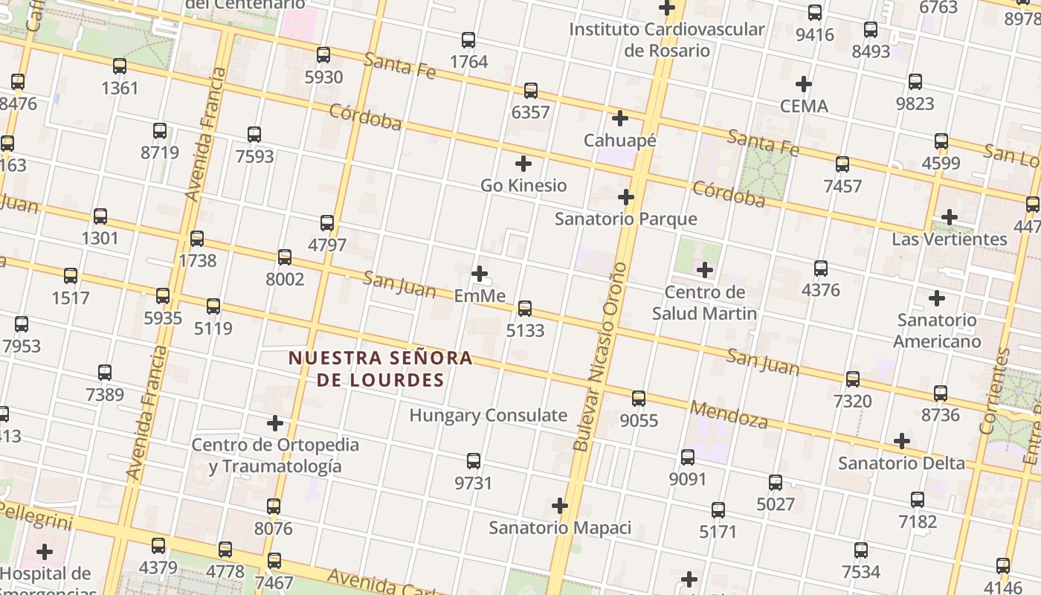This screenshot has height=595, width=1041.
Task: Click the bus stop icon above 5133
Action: point(525,308)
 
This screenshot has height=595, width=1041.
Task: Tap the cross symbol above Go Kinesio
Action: point(523,164)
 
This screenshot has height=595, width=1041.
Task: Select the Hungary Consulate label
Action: point(488,415)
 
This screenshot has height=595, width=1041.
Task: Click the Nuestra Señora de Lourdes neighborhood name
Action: point(381,369)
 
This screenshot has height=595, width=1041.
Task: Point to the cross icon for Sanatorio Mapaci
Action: point(560,506)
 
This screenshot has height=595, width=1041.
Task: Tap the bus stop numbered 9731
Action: point(474,461)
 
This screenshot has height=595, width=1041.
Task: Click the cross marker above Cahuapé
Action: point(619,118)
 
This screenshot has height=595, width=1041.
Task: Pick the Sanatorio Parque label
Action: point(626,219)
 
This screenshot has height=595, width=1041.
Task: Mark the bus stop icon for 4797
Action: point(327,222)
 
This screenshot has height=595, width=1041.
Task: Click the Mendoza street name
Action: point(728,414)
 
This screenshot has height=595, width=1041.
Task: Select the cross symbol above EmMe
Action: point(480,274)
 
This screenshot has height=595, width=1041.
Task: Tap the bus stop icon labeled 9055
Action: point(639,399)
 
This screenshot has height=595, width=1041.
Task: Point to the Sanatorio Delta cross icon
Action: point(902,441)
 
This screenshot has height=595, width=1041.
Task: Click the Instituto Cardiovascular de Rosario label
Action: point(666,39)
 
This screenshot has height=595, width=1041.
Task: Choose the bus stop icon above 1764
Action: point(468,40)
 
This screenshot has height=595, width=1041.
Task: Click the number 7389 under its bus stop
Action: point(105,394)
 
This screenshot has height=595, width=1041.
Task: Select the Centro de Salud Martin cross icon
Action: point(704,270)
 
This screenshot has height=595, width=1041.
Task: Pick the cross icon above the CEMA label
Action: point(803,84)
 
